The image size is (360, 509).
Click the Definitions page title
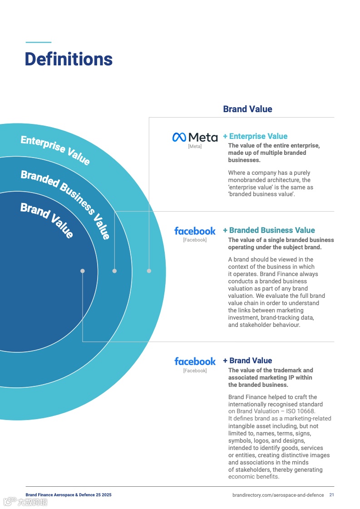(x=69, y=59)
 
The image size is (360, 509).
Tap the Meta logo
(x=195, y=137)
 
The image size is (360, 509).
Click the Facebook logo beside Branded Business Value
(x=195, y=231)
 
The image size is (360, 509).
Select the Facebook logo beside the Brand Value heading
(x=195, y=361)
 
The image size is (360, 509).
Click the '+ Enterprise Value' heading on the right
(x=255, y=136)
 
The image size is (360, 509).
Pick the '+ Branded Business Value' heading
(x=269, y=230)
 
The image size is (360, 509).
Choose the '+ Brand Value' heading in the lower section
(x=247, y=361)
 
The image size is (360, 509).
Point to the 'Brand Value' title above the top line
(x=247, y=109)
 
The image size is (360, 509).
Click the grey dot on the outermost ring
(x=149, y=271)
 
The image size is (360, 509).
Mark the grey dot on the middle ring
(x=114, y=271)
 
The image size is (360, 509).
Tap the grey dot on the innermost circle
(x=83, y=271)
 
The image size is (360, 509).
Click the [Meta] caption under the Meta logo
(x=195, y=147)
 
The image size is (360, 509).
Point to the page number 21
(x=332, y=495)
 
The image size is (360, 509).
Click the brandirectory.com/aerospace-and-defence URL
(x=278, y=495)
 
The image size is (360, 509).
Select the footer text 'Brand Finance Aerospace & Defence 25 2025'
(x=69, y=495)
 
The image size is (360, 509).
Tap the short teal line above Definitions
(x=39, y=42)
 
